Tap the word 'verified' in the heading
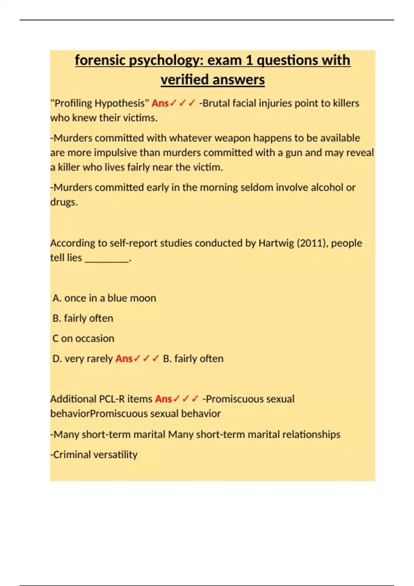(181, 80)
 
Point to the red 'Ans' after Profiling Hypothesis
(160, 103)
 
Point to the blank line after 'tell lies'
(107, 258)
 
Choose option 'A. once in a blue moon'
(104, 298)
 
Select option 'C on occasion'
(83, 338)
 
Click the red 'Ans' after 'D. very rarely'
(124, 358)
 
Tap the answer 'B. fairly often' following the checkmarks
(193, 358)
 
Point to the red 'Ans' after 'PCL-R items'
(164, 399)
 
